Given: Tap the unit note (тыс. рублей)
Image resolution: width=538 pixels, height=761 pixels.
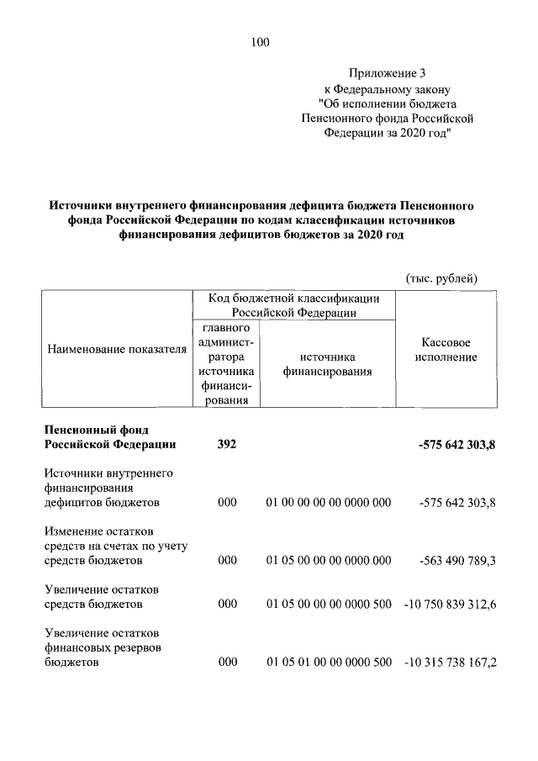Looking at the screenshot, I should (x=441, y=277).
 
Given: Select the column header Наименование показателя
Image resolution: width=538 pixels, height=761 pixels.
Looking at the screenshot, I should (x=116, y=349).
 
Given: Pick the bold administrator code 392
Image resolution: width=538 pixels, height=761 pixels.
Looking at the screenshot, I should (x=227, y=444).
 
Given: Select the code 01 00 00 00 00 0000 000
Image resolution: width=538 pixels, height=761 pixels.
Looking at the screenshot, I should (x=329, y=502).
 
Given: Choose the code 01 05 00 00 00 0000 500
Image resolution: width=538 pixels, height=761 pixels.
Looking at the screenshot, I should (x=329, y=604).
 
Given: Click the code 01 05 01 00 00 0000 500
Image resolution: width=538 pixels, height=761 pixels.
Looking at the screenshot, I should (x=329, y=663).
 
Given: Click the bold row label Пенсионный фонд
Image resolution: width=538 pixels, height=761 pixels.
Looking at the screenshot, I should (x=97, y=429).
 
